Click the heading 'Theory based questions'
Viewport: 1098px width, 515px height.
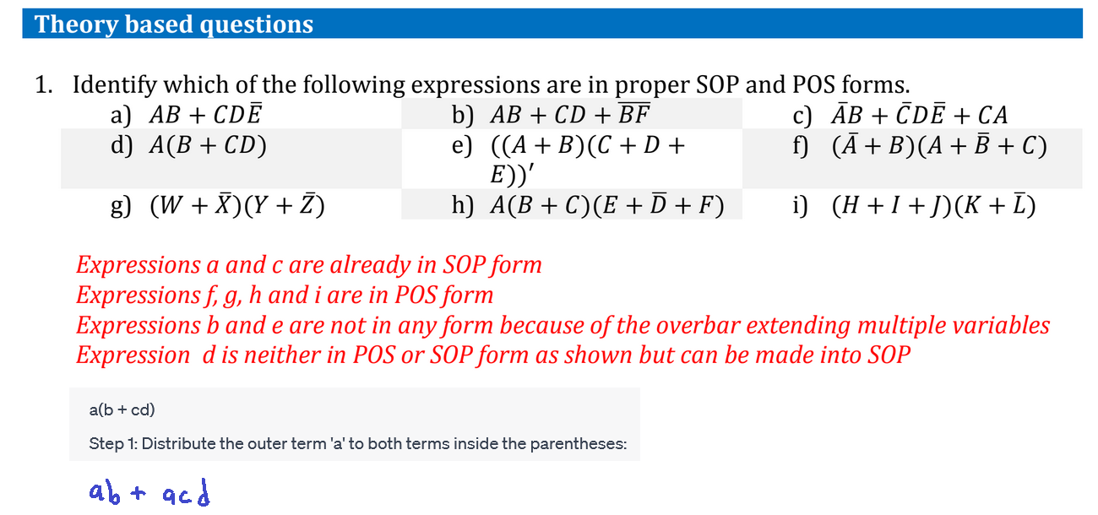point(174,24)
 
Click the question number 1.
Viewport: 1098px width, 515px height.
point(42,85)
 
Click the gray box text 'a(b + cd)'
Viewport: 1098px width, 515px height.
point(122,410)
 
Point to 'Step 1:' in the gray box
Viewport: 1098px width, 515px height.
point(112,443)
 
